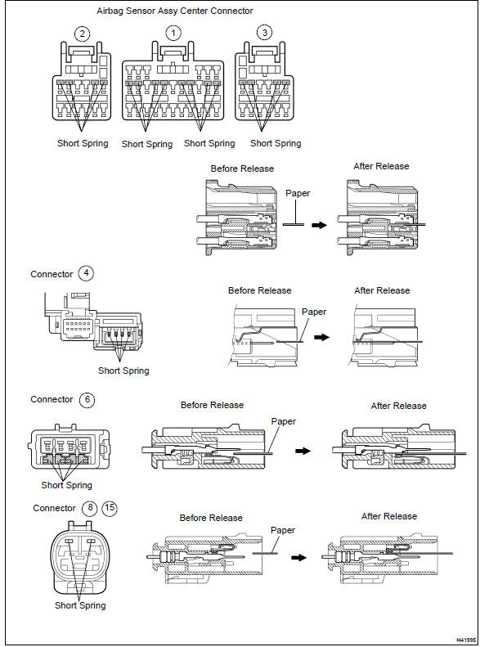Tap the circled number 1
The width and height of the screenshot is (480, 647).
coord(173,34)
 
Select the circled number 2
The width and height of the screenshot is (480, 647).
coord(81,34)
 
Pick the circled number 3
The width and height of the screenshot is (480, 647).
coord(263,34)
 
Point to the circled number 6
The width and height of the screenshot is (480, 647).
coord(87,400)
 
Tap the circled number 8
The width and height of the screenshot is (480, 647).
coord(90,508)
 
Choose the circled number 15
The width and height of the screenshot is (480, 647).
coord(110,508)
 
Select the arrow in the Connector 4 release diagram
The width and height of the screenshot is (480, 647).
coord(323,335)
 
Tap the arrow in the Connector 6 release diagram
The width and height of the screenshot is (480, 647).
coord(303,451)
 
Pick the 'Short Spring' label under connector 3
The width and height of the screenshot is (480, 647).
coord(276,143)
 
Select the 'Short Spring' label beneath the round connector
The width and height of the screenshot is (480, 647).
coord(80,605)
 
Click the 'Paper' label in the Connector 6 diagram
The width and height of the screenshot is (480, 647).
coord(283,422)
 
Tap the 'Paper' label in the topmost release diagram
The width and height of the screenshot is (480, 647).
coord(299,195)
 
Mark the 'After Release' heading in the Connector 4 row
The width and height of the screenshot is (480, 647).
coord(382,290)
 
